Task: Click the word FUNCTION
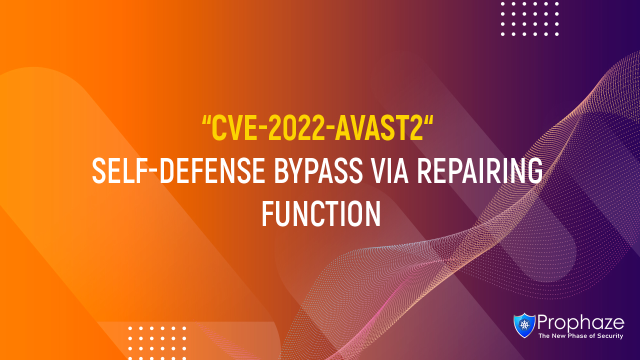[320, 214]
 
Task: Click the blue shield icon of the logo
[524, 325]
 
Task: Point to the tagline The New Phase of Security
[580, 336]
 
